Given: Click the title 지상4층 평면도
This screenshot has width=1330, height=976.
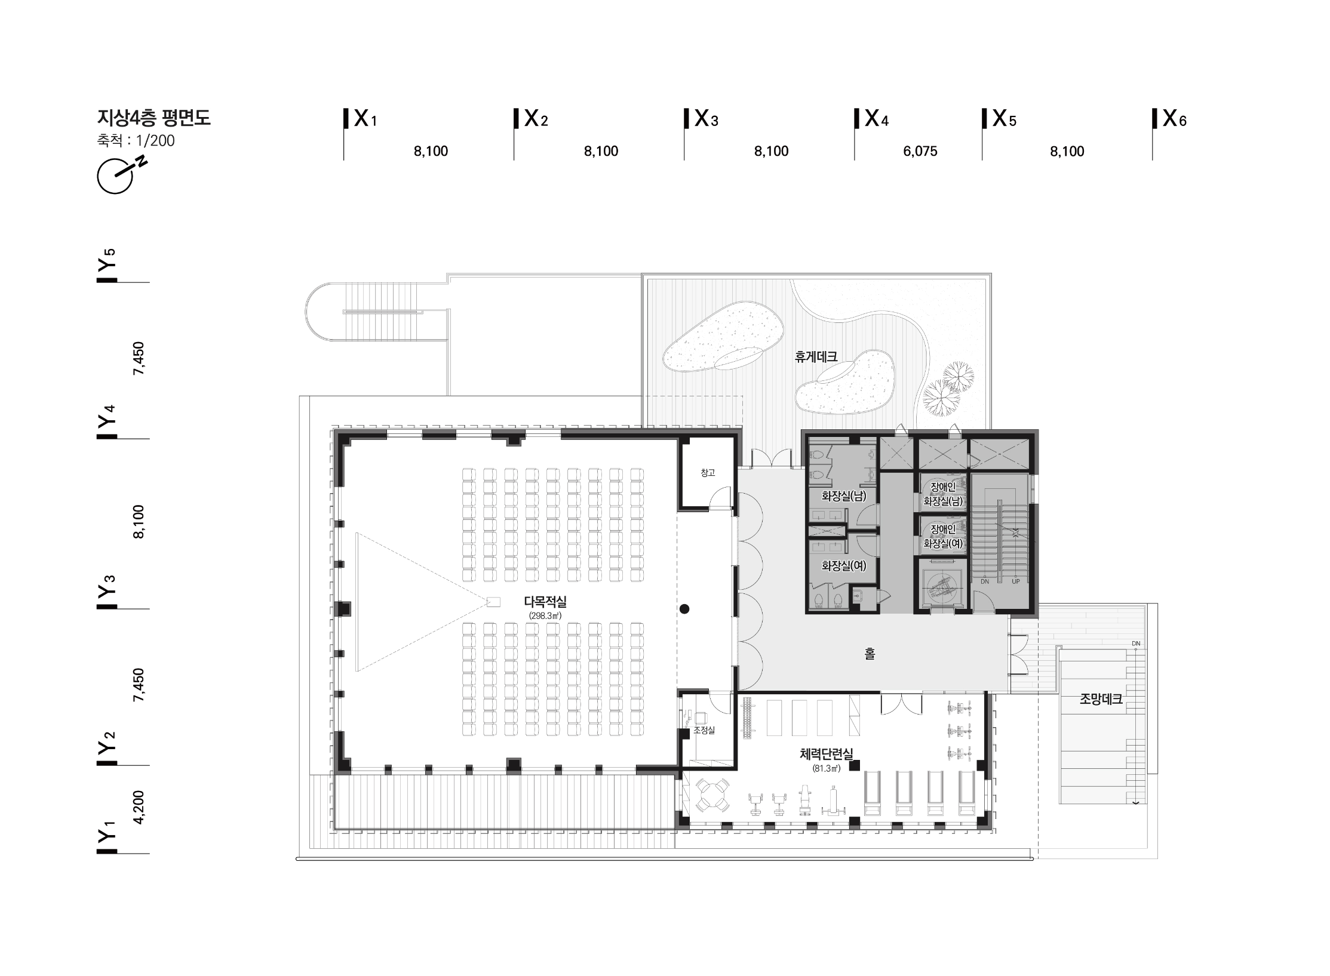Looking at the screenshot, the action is [154, 118].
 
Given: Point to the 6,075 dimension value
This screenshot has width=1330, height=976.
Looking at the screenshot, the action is [920, 152].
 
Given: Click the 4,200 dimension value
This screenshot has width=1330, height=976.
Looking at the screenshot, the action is [138, 808].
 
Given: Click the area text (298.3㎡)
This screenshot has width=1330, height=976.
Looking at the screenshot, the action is [545, 615].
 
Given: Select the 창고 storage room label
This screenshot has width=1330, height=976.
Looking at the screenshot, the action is [708, 473].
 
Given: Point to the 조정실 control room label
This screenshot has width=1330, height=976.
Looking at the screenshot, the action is [705, 730].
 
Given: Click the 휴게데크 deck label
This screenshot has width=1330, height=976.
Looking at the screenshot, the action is [816, 357].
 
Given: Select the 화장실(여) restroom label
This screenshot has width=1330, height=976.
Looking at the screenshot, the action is [844, 565].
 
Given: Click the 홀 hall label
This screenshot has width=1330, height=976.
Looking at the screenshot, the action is [870, 654].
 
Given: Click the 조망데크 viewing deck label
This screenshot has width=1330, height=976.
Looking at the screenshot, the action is [1101, 699].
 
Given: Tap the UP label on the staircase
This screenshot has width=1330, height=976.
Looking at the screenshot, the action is [1015, 581].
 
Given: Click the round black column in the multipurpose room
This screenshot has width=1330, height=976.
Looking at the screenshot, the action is [685, 609].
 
